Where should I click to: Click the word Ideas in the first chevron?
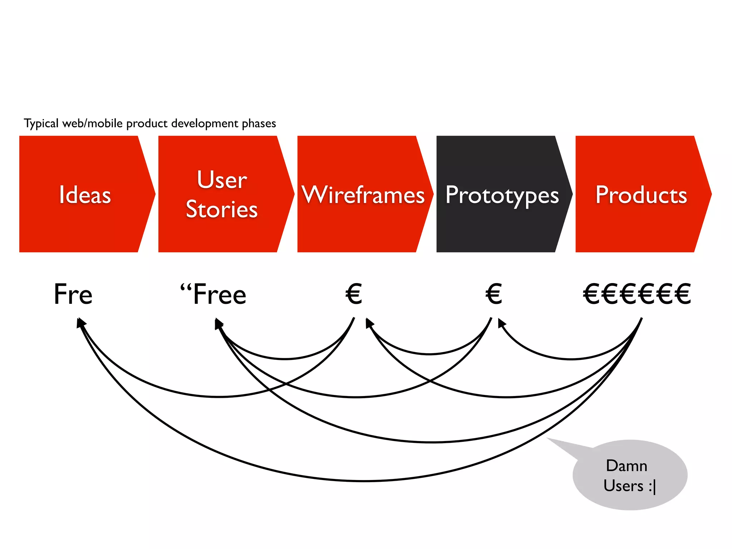coord(85,195)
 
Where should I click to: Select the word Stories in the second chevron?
coord(222,209)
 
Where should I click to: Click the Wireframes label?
coord(363,195)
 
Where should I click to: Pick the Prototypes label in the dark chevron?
coord(502,196)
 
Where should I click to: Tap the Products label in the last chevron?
coord(641,195)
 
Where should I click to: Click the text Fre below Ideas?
coord(73,294)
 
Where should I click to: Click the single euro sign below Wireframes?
coord(354,294)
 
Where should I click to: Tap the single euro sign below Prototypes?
coord(494,294)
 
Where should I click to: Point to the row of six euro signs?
coord(637,294)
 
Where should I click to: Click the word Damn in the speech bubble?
coord(627,466)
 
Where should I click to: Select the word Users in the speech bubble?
coord(623,486)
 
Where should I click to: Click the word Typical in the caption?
coord(41,124)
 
